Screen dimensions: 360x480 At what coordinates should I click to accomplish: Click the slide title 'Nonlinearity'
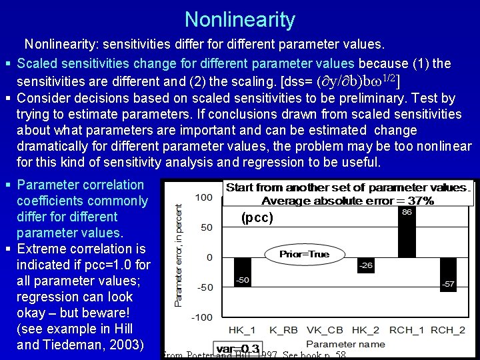click(x=240, y=19)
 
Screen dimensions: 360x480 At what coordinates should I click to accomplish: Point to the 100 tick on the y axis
click(x=204, y=197)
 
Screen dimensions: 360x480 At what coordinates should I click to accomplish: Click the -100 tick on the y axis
click(x=202, y=317)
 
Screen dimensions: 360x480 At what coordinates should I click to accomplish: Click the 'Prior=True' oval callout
click(x=304, y=254)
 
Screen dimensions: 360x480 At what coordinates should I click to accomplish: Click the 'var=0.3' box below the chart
click(x=238, y=349)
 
